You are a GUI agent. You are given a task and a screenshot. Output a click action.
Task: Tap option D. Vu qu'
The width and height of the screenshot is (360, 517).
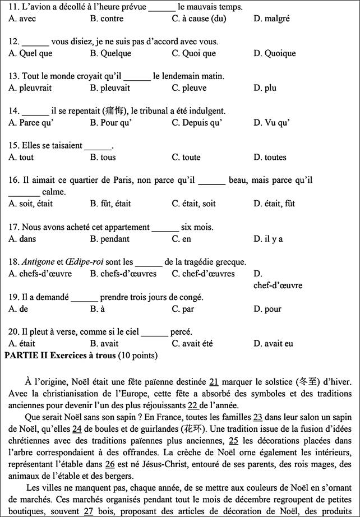click(271, 123)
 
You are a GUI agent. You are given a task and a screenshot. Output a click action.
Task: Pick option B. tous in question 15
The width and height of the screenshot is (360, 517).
click(103, 158)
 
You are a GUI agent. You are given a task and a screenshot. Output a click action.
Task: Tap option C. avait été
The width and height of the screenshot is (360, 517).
click(193, 344)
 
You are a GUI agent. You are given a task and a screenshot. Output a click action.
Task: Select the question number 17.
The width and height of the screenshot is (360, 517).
click(14, 227)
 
